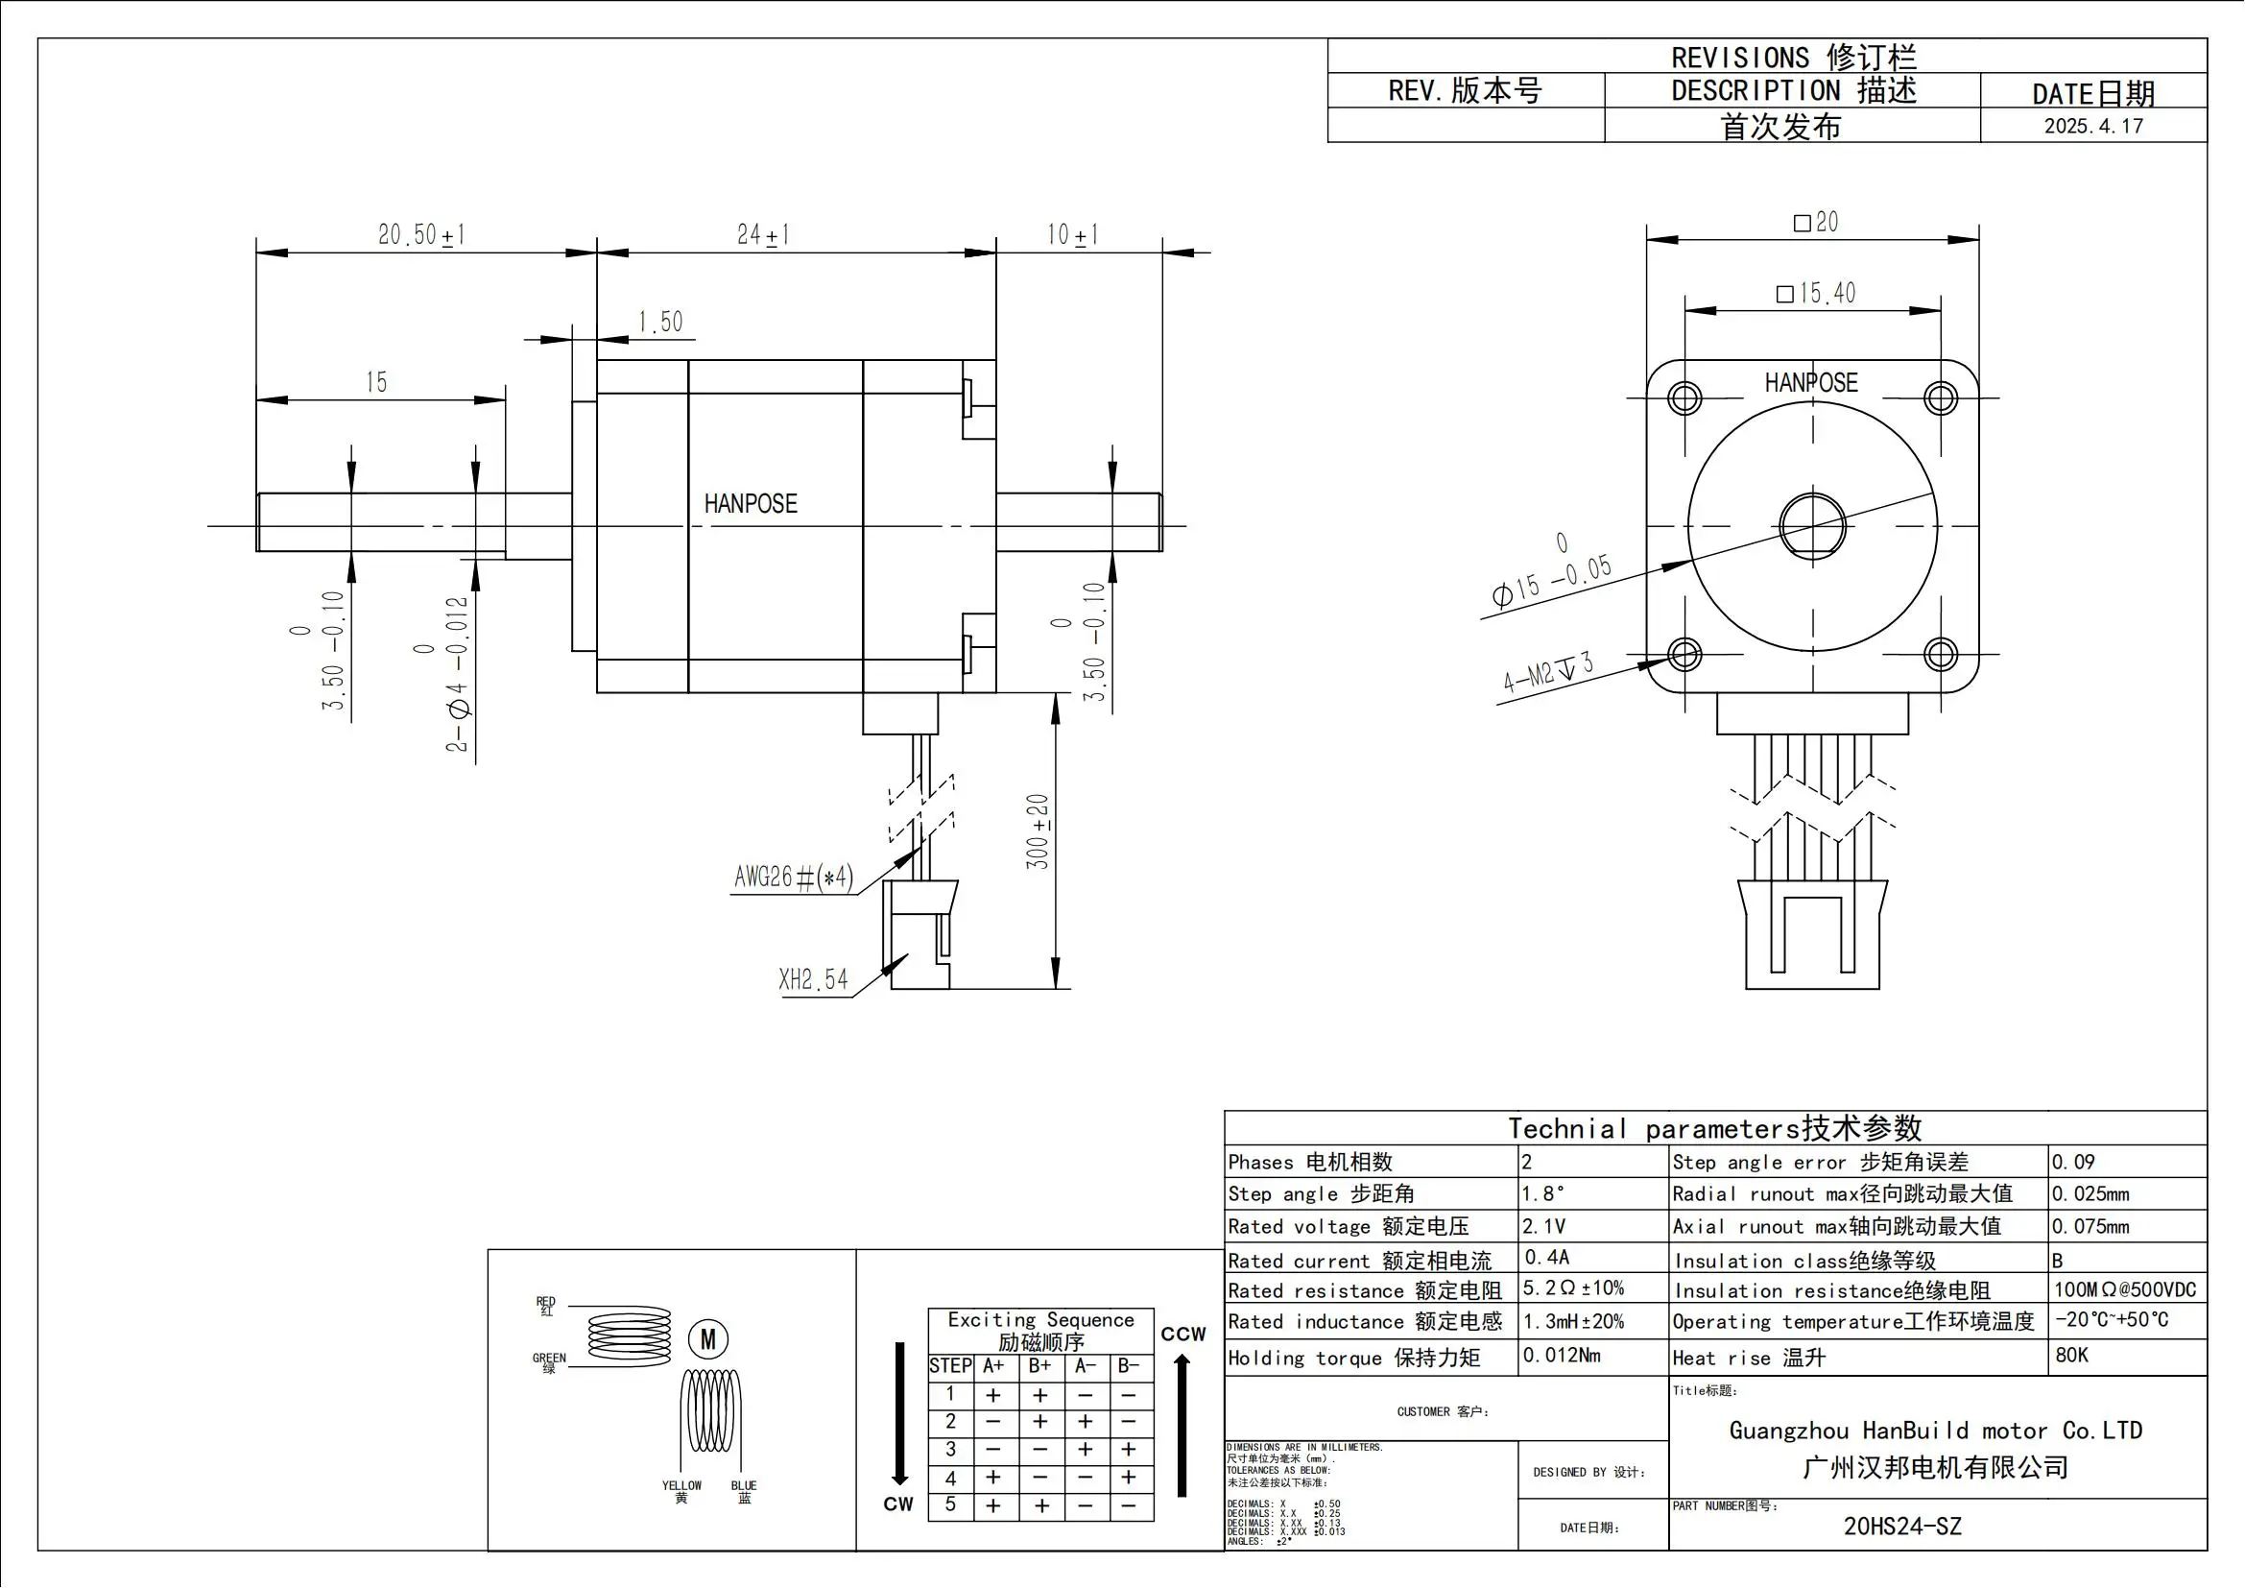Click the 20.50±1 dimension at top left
[421, 234]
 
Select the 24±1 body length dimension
[763, 234]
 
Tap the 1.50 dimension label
[660, 322]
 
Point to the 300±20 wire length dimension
[1038, 831]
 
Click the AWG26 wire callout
[793, 878]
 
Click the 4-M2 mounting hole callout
[1548, 672]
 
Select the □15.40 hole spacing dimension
[1815, 294]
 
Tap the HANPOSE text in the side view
[750, 504]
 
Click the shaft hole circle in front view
[1812, 526]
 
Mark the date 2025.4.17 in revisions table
[2092, 126]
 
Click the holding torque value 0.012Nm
[1562, 1356]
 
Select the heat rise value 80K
[2072, 1356]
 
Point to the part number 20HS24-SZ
[1901, 1527]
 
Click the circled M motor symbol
[708, 1338]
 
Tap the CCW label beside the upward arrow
[1183, 1334]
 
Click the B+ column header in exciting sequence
[1039, 1366]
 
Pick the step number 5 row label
[949, 1504]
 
